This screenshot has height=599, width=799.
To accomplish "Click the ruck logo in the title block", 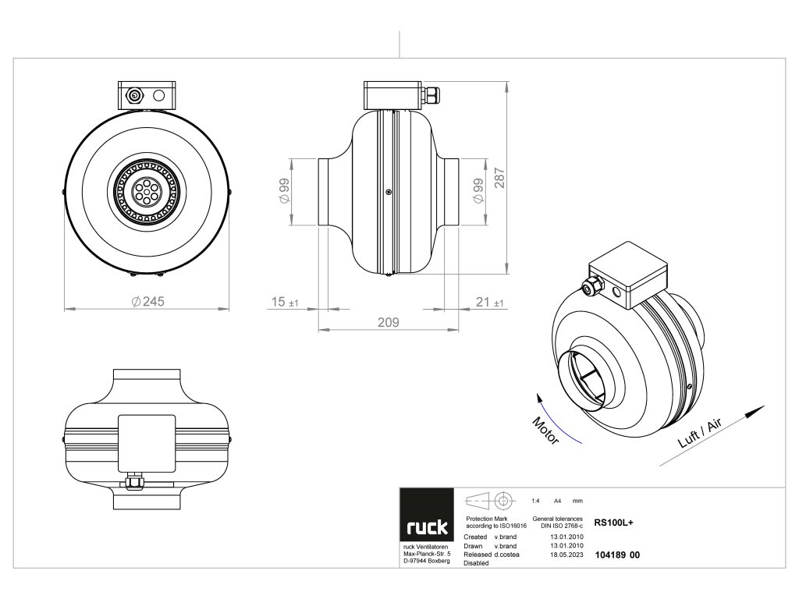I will pos(427,527).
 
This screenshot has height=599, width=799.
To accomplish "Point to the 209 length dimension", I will pos(388,321).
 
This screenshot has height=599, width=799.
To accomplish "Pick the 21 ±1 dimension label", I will pos(489,303).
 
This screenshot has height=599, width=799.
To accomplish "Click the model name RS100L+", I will pos(613,523).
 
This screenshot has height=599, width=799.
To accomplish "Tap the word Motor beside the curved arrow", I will pos(545,431).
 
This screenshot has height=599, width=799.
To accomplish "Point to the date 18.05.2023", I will pos(567,555).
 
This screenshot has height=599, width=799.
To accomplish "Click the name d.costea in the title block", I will pos(509,555).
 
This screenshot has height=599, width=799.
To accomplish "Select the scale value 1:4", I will pos(535,501).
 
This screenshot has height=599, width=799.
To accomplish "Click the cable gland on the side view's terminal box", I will pos(431,95).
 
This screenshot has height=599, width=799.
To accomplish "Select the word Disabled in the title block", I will pos(477,562).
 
